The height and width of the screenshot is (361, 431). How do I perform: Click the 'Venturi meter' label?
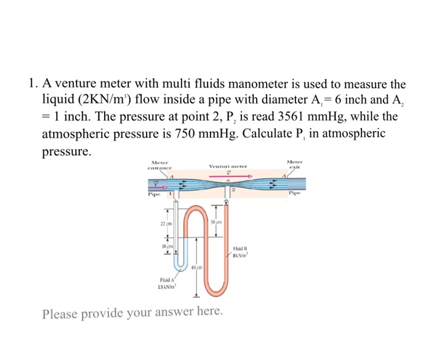click(228, 166)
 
